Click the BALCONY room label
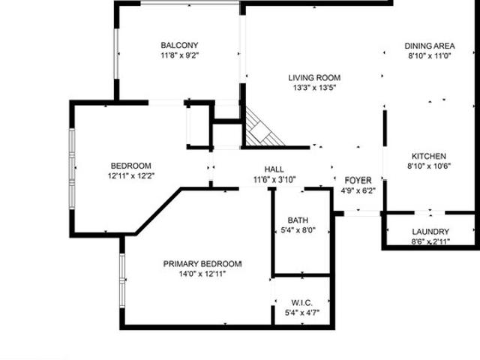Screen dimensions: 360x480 point(179,45)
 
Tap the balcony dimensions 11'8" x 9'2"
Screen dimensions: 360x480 point(179,55)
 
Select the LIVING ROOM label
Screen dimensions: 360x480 point(315,77)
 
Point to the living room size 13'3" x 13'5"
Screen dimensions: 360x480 point(315,88)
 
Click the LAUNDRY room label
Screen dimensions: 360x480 point(430,232)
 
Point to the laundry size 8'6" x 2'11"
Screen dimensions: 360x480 point(430,242)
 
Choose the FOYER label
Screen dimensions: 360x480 point(358,181)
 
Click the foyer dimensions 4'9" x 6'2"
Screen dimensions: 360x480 point(358,190)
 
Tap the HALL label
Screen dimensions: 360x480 point(274,169)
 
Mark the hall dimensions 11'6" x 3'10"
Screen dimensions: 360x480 point(274,179)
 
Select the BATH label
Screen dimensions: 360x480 point(298,220)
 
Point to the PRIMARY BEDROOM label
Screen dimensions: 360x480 point(202,263)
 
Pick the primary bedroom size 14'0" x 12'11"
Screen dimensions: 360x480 point(202,274)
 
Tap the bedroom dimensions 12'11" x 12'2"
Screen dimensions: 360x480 point(131,176)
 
